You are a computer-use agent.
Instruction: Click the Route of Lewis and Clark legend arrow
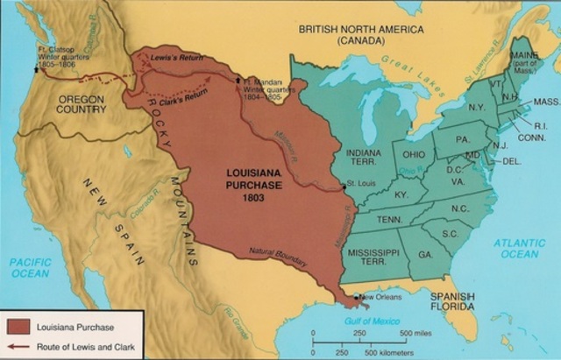[18, 345]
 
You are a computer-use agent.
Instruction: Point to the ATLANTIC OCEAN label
[517, 248]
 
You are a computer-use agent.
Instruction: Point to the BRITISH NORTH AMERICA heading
[359, 29]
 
